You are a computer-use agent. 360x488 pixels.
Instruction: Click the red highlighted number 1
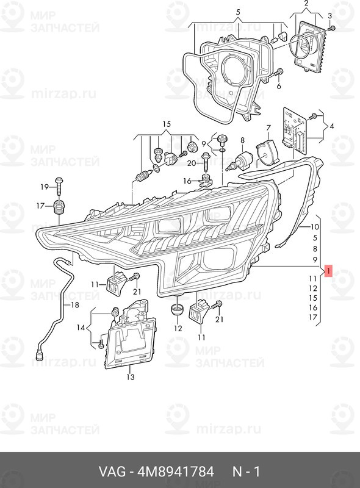click(328, 271)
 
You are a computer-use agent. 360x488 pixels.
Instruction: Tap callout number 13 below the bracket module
click(131, 377)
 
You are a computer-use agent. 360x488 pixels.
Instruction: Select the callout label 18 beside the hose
click(74, 305)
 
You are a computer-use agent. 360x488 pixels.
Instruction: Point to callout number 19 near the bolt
click(45, 187)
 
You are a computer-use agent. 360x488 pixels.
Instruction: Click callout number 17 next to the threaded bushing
click(40, 206)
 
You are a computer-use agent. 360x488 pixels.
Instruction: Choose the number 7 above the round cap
click(268, 128)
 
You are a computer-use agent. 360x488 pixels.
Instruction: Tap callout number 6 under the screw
click(278, 85)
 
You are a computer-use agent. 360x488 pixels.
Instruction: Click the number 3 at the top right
click(329, 16)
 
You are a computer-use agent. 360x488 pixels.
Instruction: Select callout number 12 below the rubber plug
click(178, 328)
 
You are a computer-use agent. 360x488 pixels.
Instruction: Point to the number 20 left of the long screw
click(192, 163)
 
